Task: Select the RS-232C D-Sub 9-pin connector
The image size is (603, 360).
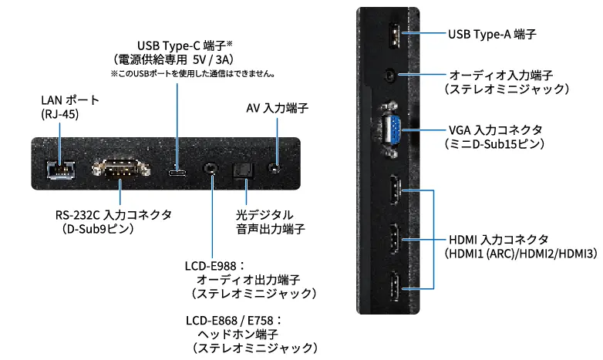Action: (116, 167)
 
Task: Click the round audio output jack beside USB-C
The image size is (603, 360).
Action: (210, 167)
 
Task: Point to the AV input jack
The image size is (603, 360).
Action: (272, 167)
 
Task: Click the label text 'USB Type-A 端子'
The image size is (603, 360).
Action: (492, 35)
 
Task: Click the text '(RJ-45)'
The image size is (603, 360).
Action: (60, 115)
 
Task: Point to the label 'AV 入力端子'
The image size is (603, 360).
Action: (272, 109)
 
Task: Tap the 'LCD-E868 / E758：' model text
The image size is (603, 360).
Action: (234, 320)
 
